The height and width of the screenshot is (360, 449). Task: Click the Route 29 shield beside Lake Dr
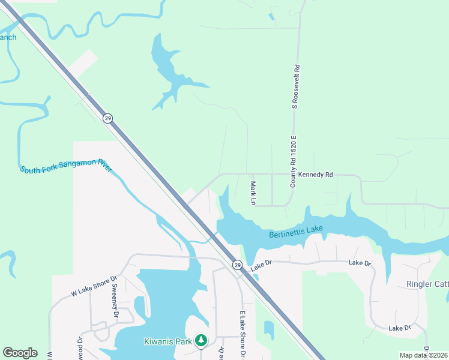pyautogui.click(x=237, y=265)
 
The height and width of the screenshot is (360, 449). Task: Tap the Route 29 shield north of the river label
pyautogui.click(x=107, y=118)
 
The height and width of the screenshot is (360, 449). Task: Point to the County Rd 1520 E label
pyautogui.click(x=294, y=160)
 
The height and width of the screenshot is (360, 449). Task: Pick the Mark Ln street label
pyautogui.click(x=253, y=193)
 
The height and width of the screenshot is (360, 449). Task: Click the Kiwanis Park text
pyautogui.click(x=167, y=341)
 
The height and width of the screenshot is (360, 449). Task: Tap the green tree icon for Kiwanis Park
pyautogui.click(x=201, y=341)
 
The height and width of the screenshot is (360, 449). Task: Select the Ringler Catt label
pyautogui.click(x=427, y=284)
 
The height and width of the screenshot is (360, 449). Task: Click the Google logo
pyautogui.click(x=20, y=353)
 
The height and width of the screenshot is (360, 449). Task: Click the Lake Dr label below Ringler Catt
pyautogui.click(x=399, y=328)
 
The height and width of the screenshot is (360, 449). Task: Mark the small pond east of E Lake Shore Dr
pyautogui.click(x=268, y=329)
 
